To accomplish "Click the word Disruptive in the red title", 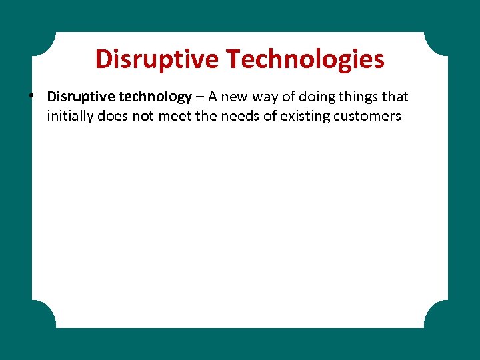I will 157,59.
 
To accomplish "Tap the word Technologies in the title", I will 305,59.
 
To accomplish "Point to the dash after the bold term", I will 200,97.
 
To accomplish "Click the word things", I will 361,97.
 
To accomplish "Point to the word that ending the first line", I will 396,97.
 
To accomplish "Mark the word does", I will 110,116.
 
